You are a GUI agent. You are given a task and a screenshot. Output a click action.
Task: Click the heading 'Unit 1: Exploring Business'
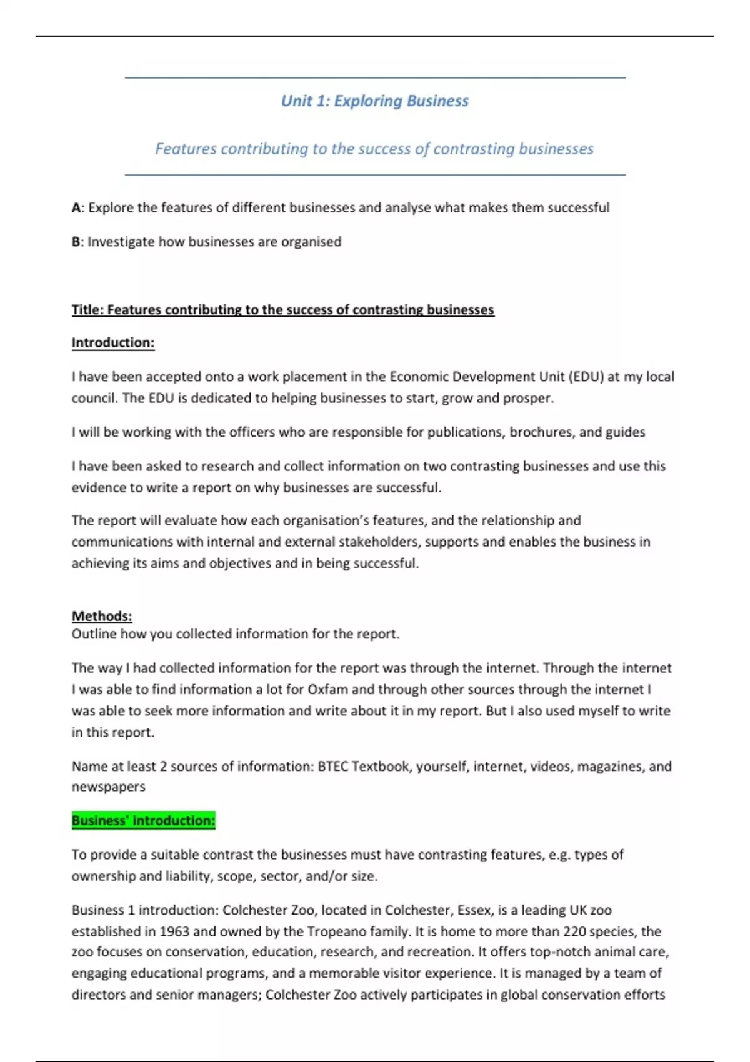374,101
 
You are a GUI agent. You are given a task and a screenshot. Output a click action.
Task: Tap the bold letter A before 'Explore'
76,208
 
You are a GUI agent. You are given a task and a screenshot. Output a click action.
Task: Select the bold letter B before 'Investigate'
76,242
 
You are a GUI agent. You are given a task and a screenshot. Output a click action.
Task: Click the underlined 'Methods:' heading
102,616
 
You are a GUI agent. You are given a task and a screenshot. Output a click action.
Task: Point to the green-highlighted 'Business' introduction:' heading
143,820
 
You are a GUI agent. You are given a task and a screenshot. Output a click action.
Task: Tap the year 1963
174,931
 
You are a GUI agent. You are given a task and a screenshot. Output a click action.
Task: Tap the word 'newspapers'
108,787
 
